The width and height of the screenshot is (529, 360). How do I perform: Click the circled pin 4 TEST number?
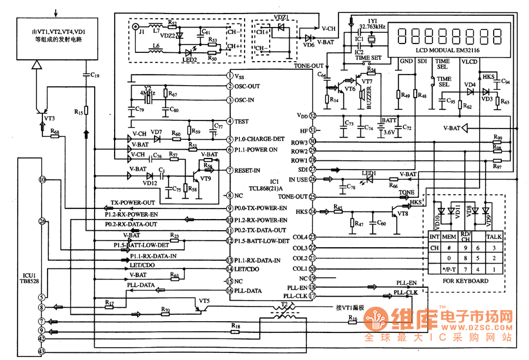coord(230,122)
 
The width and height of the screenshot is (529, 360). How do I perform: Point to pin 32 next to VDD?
coord(313,116)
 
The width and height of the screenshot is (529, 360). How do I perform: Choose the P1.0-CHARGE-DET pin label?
coord(259,140)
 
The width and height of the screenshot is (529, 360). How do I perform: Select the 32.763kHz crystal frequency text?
coord(373,27)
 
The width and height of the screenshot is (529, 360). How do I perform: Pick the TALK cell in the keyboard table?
coord(494,237)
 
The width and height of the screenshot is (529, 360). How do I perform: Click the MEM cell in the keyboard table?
coord(448,237)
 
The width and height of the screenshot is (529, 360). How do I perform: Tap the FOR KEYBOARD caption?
coord(466,281)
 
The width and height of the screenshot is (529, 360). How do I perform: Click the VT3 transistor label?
coord(49,117)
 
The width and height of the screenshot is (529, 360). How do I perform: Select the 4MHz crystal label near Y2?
coord(147,93)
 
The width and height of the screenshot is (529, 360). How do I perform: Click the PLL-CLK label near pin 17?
coord(405,292)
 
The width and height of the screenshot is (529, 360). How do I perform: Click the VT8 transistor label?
coord(403,214)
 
